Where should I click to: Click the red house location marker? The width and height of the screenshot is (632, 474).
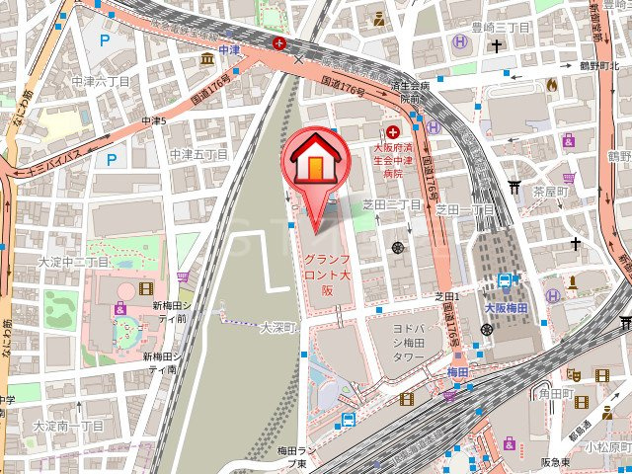pyautogui.click(x=314, y=158)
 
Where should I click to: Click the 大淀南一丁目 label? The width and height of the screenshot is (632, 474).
pyautogui.click(x=67, y=426)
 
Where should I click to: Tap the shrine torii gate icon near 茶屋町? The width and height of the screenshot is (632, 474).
pyautogui.click(x=514, y=187)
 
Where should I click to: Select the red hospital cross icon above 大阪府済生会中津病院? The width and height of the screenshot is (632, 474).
pyautogui.click(x=394, y=131)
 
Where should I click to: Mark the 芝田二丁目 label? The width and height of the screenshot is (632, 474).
pyautogui.click(x=392, y=204)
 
